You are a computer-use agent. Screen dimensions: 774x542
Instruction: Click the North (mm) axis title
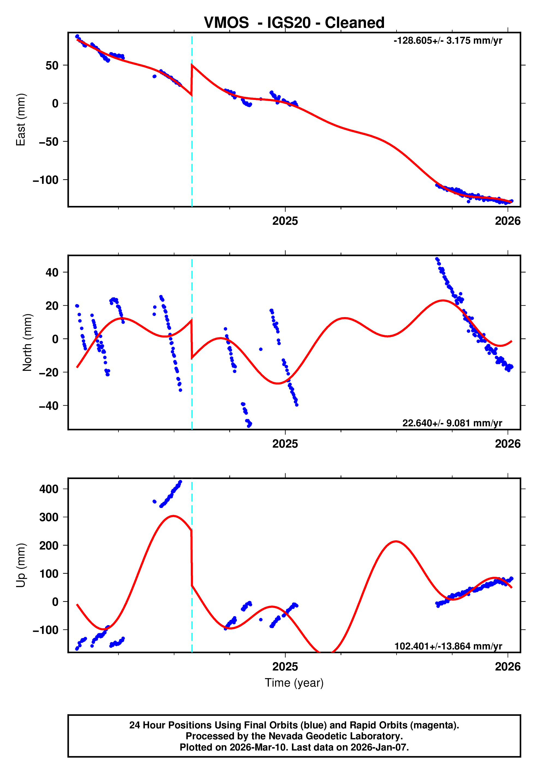pos(27,342)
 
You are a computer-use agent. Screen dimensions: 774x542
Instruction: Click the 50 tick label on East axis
pos(52,65)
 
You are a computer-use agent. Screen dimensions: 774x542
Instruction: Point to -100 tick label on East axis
pos(46,180)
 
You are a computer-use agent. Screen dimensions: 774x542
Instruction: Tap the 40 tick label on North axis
pos(52,272)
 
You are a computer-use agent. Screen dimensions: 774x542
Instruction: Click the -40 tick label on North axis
pos(49,406)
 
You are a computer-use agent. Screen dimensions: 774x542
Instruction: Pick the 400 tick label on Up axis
pos(49,489)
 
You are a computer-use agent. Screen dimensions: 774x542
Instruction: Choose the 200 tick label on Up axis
pos(49,545)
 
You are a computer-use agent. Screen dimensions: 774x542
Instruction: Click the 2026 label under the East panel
pos(507,221)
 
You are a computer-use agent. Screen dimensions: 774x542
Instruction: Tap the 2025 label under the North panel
pos(285,444)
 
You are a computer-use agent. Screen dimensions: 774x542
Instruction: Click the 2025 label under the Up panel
pos(285,667)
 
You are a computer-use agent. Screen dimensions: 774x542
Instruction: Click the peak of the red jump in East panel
pos(192,64)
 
